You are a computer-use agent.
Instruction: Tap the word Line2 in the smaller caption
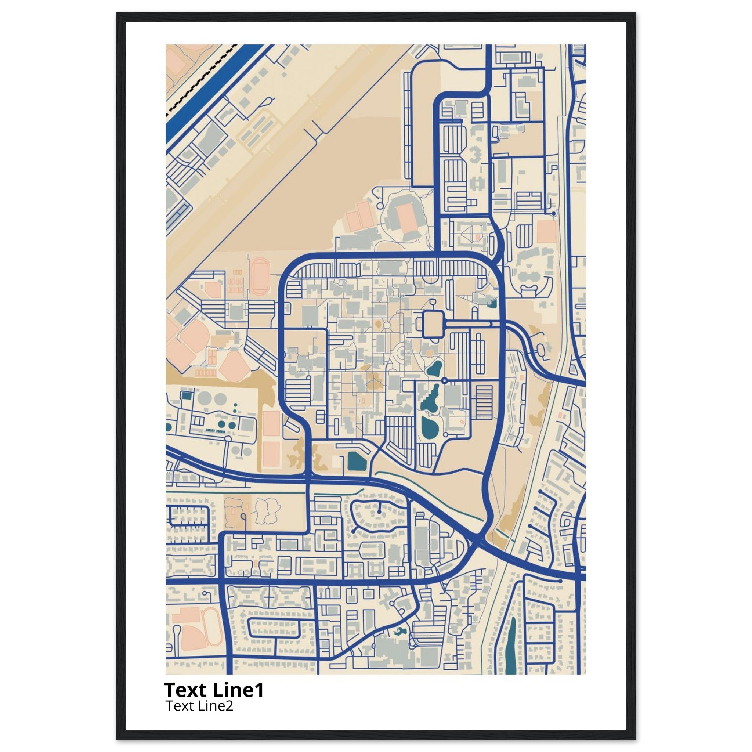[x=216, y=706]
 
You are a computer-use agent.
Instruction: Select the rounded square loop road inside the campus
[x=432, y=324]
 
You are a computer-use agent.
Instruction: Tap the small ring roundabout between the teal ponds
[x=445, y=380]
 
